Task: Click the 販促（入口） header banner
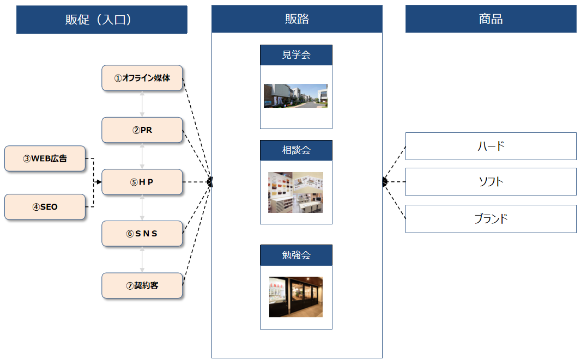pos(101,20)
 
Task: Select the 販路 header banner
pos(296,19)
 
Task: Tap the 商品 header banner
pos(491,19)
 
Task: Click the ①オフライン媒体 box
pos(142,78)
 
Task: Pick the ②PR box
pos(142,130)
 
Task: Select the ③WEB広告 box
pos(45,158)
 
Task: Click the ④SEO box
pos(45,207)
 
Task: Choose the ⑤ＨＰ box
pos(142,182)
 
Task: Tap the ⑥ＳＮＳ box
pos(142,234)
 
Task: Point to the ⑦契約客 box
pos(142,285)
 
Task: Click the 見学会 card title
pos(296,55)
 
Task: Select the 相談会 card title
pos(296,150)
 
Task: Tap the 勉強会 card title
pos(296,255)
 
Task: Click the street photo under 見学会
pos(295,96)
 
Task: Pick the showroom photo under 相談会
pos(295,192)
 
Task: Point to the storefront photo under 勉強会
pos(295,297)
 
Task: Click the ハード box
pos(491,146)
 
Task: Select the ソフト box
pos(491,182)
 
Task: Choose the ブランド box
pos(491,219)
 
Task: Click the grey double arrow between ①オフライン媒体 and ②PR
pos(142,103)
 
